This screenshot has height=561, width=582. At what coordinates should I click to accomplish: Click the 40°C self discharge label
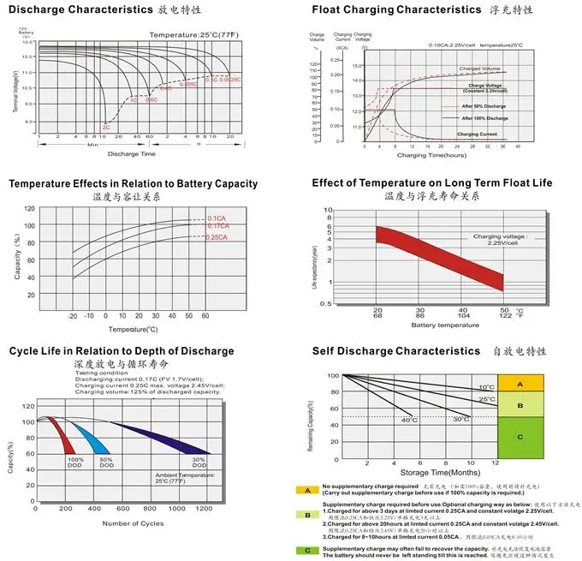click(410, 420)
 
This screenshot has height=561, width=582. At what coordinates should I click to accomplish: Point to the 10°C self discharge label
click(487, 387)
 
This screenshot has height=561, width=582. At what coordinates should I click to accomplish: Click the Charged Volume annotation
click(479, 68)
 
